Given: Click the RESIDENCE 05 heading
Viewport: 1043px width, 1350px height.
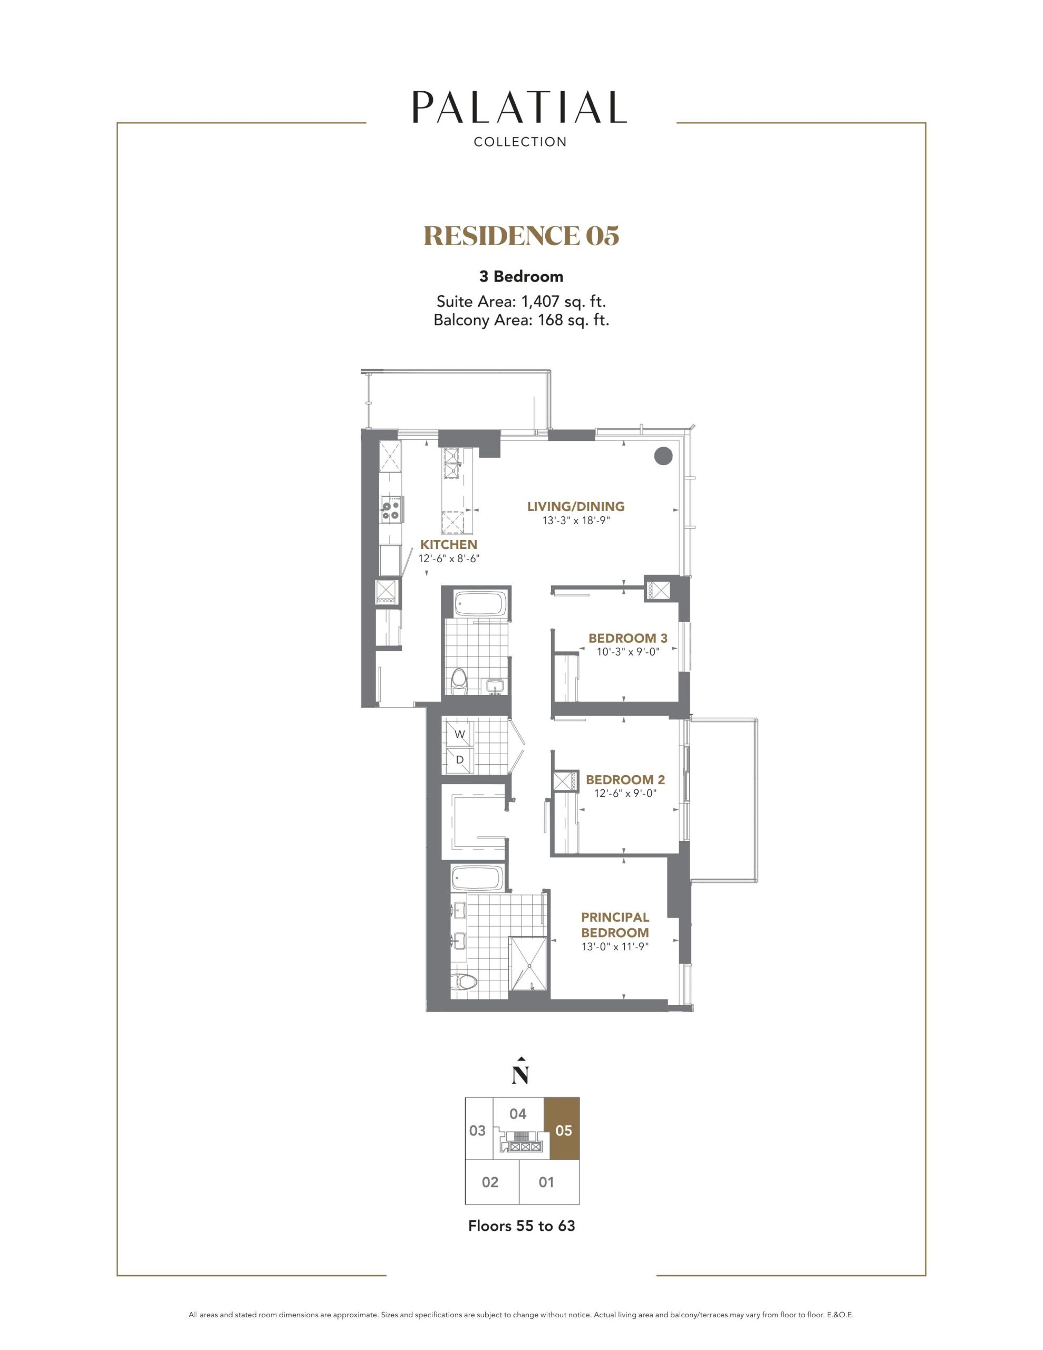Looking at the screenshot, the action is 521,236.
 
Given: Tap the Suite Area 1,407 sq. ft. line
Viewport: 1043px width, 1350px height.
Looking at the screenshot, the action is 521,302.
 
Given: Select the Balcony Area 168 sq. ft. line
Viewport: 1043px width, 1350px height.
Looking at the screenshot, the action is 521,320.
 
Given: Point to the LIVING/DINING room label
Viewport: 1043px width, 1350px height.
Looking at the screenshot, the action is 576,506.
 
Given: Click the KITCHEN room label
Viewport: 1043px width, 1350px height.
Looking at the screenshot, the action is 449,545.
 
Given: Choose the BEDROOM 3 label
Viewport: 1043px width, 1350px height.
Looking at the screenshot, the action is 627,638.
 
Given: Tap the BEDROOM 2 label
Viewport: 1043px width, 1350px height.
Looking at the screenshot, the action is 625,779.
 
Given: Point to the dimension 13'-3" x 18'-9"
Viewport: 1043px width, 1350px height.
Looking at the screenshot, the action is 576,520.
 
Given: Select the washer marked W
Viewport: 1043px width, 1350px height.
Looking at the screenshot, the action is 459,735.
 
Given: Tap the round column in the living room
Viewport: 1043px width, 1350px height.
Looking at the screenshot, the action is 663,456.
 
